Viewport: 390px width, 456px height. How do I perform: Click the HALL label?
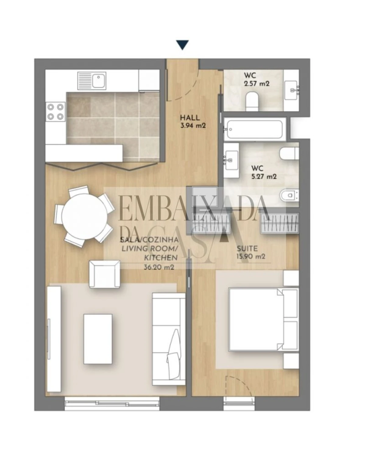tap(190, 118)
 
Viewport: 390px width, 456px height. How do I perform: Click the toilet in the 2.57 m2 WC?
tap(252, 101)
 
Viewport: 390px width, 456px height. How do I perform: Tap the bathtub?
tap(255, 129)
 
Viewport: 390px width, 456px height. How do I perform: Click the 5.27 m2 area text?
tap(264, 176)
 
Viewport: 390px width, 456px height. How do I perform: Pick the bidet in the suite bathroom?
tap(289, 194)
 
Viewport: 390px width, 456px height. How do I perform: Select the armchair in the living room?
tap(104, 274)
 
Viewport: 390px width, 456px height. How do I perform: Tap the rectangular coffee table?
tap(98, 339)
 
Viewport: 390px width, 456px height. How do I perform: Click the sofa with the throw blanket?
tap(169, 337)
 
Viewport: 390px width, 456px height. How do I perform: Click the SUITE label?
tap(247, 249)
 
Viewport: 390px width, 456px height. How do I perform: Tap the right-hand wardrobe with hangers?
tap(280, 224)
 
